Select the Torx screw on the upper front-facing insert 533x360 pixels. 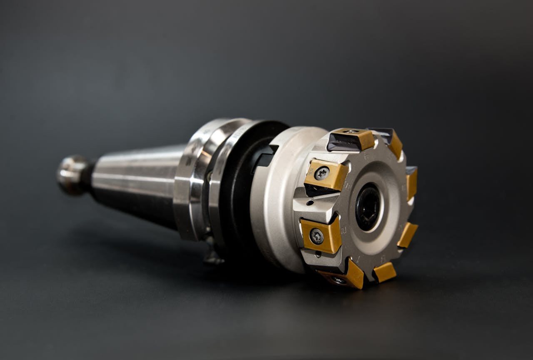pos(322,173)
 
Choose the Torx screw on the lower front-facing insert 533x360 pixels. pos(317,236)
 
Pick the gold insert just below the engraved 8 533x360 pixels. pos(384,272)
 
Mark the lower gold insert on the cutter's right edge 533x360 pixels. pos(407,235)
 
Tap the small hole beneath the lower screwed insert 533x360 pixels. pos(319,253)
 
